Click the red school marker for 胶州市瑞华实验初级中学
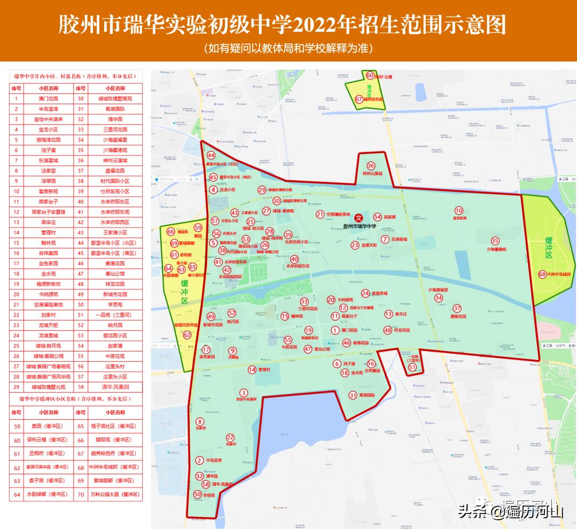pos(360,218)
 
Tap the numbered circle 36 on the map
pos(371,166)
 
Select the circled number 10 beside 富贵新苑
pos(459,210)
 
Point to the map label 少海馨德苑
pos(495,249)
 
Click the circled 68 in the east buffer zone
pos(543,275)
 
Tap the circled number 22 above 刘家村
pos(230,437)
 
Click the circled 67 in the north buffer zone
pos(359,99)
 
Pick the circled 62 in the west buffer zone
pos(187,335)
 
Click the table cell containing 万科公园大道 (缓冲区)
pos(115,495)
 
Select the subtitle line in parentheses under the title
pos(288,48)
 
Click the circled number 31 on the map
pos(353,395)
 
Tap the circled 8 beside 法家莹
pos(200,421)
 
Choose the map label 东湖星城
pos(398,239)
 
